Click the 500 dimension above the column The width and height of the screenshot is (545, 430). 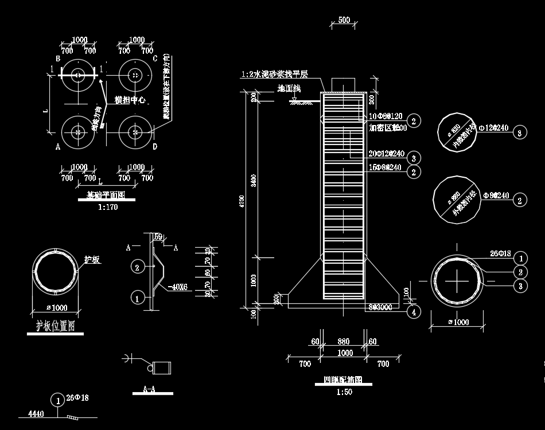[x=344, y=20]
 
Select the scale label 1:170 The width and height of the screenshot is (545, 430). [x=107, y=207]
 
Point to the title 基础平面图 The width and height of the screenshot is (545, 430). [x=106, y=195]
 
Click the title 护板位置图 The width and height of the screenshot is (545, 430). [x=56, y=326]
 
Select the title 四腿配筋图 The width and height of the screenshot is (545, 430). [x=343, y=380]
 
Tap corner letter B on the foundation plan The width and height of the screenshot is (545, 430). [x=58, y=59]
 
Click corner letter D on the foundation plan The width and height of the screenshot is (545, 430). [x=155, y=147]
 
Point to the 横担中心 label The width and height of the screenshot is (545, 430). [x=130, y=100]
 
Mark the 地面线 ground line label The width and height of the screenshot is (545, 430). [x=289, y=88]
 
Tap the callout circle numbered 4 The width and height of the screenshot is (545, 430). [x=413, y=312]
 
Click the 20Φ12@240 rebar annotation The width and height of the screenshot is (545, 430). [x=387, y=154]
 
